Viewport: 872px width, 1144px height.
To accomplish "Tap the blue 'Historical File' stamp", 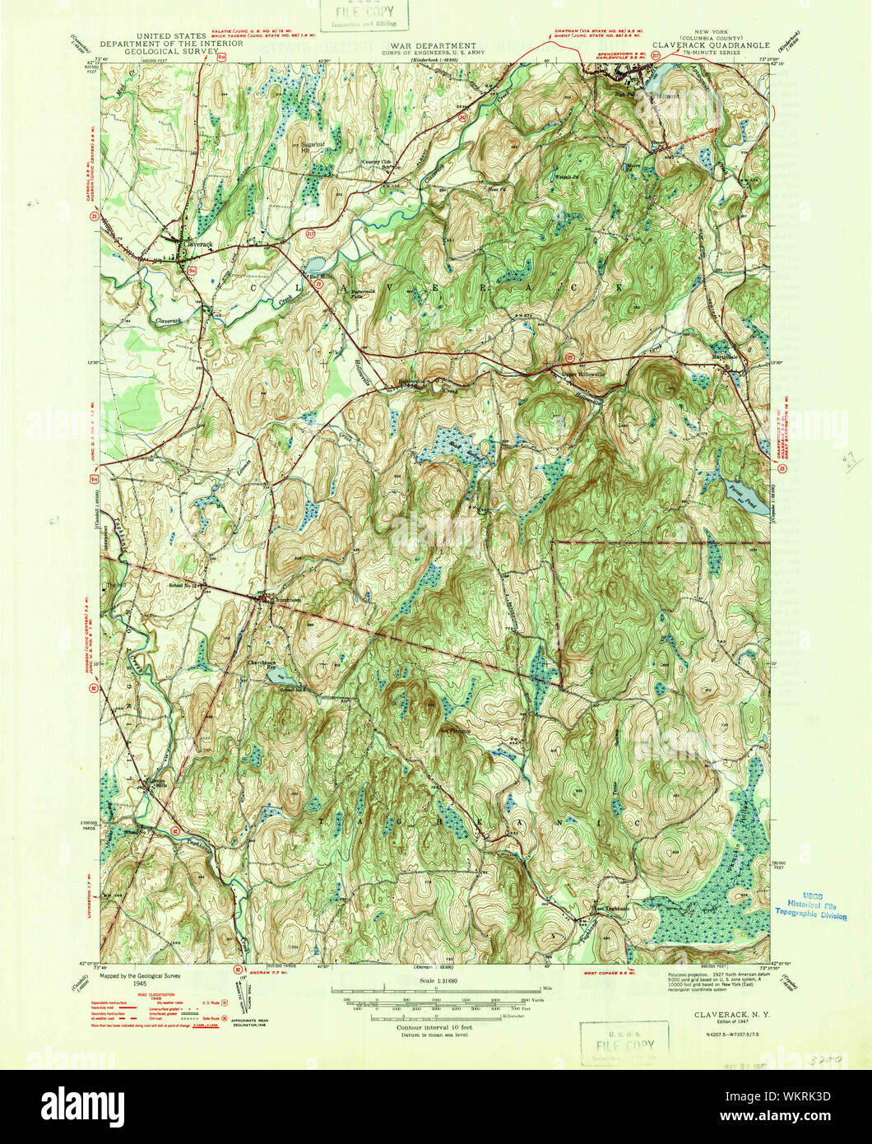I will (811, 906).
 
